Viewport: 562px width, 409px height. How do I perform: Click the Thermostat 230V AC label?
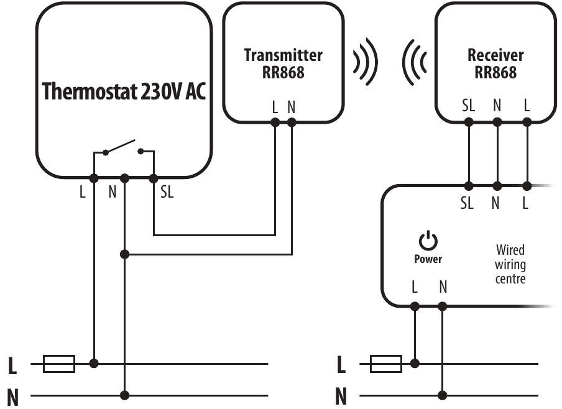click(x=124, y=91)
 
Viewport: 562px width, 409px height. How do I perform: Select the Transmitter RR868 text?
click(x=283, y=63)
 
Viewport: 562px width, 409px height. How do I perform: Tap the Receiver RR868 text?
click(x=495, y=63)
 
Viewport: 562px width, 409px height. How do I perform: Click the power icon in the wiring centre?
click(x=428, y=241)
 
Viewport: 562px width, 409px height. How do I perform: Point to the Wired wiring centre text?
click(x=510, y=264)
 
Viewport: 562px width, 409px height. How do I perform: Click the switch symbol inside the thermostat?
click(x=124, y=149)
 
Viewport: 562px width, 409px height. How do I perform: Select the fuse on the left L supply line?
click(x=59, y=364)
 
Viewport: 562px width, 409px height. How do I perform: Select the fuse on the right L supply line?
click(x=386, y=364)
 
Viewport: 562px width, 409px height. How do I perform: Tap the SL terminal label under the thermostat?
click(x=167, y=193)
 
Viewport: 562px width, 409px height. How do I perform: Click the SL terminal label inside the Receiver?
click(x=469, y=106)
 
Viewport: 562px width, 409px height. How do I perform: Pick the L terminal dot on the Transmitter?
click(x=275, y=122)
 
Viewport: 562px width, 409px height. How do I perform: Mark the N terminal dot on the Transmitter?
click(x=292, y=122)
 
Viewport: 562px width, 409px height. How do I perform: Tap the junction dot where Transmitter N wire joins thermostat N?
click(x=125, y=254)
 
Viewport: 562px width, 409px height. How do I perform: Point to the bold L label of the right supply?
click(x=341, y=365)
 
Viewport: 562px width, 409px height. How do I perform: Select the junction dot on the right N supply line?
click(x=443, y=395)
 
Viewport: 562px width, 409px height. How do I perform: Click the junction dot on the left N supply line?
click(x=125, y=395)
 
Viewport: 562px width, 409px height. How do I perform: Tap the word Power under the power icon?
click(x=428, y=259)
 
